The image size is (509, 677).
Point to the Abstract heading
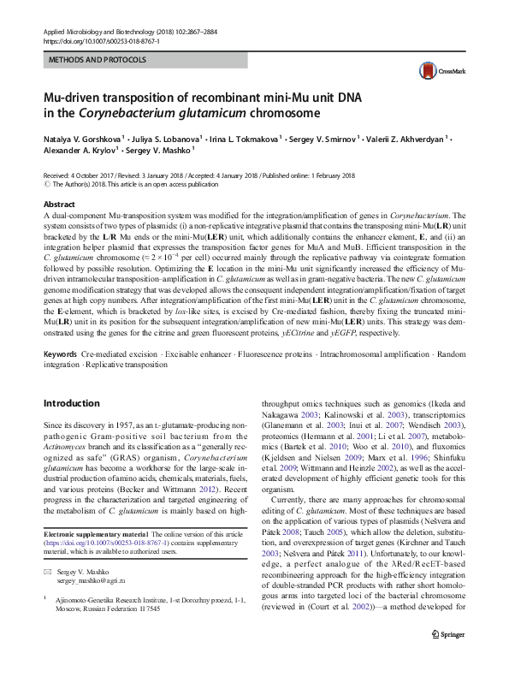[59, 205]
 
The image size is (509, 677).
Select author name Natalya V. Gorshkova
[82, 137]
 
